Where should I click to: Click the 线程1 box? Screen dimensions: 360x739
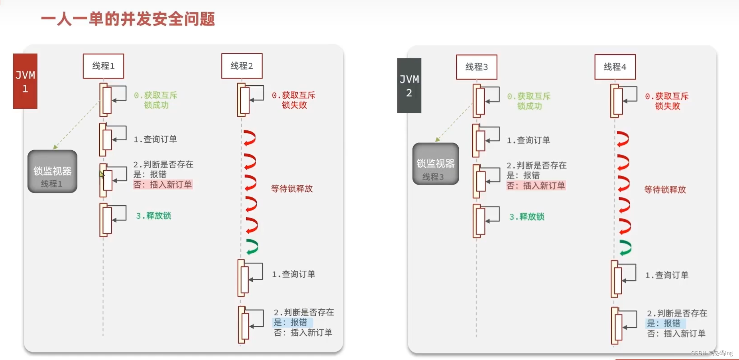(x=103, y=66)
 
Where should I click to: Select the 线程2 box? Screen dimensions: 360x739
(x=242, y=66)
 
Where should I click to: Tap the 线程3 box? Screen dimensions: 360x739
(x=476, y=67)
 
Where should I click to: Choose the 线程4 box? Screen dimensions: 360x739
(x=615, y=67)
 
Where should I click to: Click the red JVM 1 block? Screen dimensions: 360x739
(x=25, y=81)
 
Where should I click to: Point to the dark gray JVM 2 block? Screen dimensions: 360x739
(x=409, y=86)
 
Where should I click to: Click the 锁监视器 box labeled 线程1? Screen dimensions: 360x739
(x=52, y=172)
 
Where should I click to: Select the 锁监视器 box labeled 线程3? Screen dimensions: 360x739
(x=435, y=164)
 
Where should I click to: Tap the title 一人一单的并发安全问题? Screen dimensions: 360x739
(x=128, y=19)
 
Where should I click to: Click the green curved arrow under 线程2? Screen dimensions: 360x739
(x=252, y=247)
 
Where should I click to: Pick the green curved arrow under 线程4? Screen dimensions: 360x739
(x=625, y=248)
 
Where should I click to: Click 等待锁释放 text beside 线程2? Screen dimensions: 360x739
(x=292, y=189)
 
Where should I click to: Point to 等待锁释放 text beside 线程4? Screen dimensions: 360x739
(x=665, y=190)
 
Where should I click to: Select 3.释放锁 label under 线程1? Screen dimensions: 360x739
(x=153, y=216)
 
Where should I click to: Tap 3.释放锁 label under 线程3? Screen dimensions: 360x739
(x=527, y=217)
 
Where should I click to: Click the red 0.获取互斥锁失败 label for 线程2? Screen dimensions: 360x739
(x=294, y=100)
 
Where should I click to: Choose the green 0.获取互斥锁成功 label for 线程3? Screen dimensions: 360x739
(x=529, y=101)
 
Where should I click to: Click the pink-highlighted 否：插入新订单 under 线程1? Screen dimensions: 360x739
(x=163, y=185)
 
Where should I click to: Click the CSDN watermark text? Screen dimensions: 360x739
(x=711, y=353)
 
